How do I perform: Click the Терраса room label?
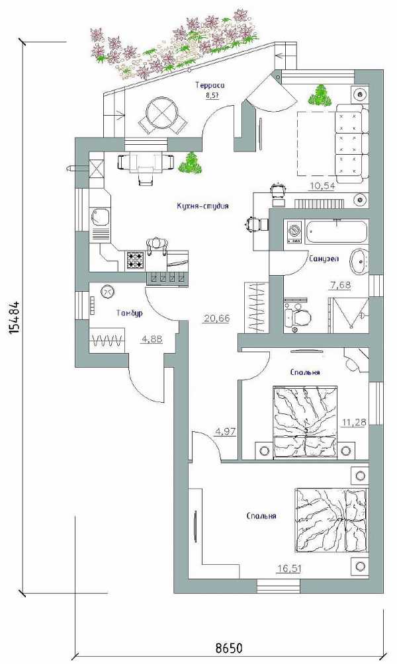210,85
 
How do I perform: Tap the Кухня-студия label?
203,206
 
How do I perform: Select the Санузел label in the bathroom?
324,259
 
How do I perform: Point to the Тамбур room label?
129,313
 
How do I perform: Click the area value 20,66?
216,318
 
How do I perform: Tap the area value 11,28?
354,421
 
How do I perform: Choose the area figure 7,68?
340,285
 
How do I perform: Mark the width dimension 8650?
229,648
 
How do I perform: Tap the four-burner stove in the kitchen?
136,260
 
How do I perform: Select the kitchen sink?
101,218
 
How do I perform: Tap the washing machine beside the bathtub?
293,231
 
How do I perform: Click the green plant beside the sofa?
320,95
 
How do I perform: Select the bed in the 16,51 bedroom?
330,520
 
